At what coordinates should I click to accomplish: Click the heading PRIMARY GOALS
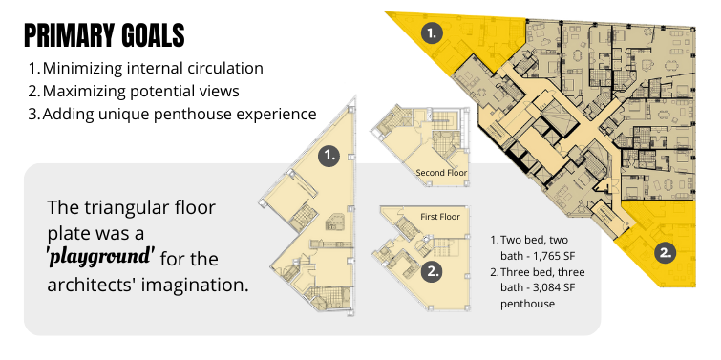(x=104, y=36)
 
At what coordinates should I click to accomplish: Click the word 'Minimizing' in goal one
(x=82, y=68)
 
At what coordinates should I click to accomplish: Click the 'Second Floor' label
(x=441, y=173)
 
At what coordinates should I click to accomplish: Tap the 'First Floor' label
(x=440, y=217)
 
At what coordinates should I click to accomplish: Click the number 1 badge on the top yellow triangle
(x=432, y=33)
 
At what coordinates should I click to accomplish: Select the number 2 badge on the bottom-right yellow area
(x=666, y=253)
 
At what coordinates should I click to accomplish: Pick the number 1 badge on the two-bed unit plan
(x=329, y=156)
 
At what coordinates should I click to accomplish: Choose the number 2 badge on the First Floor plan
(x=433, y=271)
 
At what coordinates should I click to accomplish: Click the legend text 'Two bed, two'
(x=534, y=240)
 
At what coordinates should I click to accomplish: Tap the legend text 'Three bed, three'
(x=542, y=272)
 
